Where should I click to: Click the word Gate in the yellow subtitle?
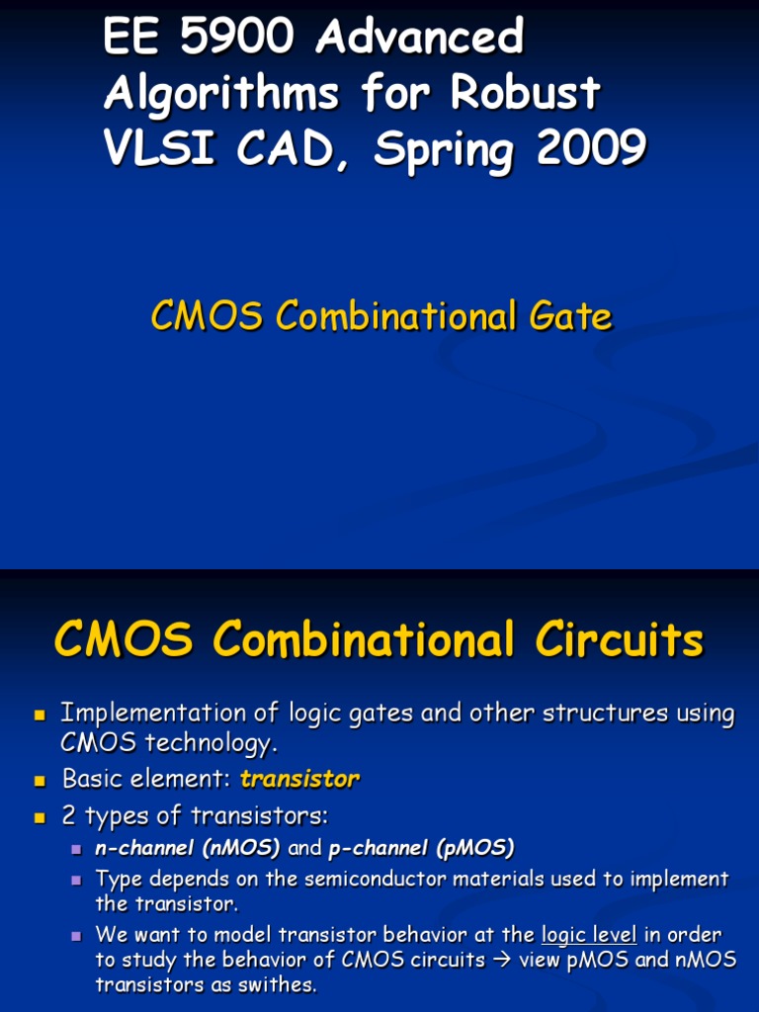pyautogui.click(x=569, y=317)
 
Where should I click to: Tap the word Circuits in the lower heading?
pyautogui.click(x=619, y=640)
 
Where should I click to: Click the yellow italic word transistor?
pyautogui.click(x=299, y=779)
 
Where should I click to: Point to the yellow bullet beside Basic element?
pyautogui.click(x=41, y=781)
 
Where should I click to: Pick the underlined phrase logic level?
pyautogui.click(x=589, y=934)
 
